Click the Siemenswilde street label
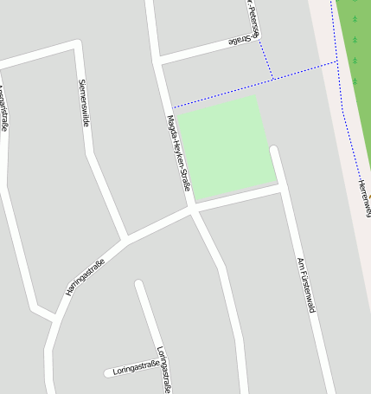[84, 103]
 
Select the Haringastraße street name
[85, 276]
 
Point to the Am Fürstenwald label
[304, 284]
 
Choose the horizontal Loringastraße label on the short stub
[136, 368]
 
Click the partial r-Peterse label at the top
[250, 16]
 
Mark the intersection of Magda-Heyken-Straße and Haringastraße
[191, 209]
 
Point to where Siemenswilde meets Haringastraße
[125, 237]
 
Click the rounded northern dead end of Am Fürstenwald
[275, 152]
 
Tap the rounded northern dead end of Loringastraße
[139, 284]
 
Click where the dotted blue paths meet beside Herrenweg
[336, 61]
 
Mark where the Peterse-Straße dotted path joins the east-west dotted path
[272, 79]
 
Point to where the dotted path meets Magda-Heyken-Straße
[170, 107]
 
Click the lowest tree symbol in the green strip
[355, 81]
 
